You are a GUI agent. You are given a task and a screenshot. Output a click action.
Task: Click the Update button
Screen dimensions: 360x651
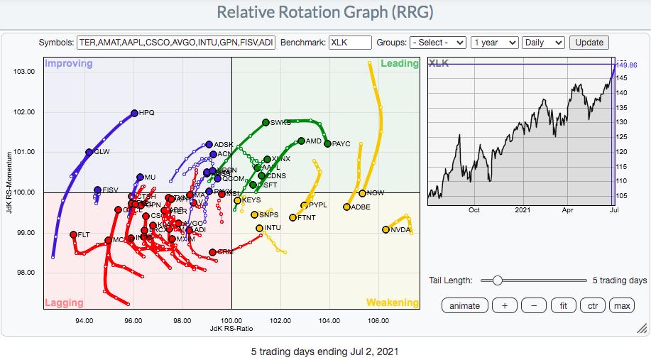pos(589,42)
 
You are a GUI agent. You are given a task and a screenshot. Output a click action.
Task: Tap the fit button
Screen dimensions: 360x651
pos(563,306)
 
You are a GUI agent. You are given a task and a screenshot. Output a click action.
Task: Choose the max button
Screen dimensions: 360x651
pos(622,306)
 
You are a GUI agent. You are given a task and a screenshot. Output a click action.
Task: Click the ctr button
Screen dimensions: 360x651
pos(592,306)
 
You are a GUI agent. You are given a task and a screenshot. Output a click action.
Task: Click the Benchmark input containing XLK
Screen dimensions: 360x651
pos(349,42)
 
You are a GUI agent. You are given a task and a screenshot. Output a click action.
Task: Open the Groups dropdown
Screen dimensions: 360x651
pos(438,42)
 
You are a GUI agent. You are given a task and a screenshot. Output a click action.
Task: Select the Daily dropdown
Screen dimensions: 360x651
pos(543,42)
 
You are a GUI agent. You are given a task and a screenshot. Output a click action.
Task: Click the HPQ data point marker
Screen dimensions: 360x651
pos(134,113)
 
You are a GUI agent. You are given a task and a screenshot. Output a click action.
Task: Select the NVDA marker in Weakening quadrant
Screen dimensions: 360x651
pos(385,229)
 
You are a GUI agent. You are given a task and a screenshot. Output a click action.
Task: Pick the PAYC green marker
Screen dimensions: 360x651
pos(327,143)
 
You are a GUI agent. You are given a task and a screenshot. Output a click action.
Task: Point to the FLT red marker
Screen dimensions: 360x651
pos(73,234)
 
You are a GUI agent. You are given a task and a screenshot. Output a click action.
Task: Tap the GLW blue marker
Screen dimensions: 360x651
pos(89,152)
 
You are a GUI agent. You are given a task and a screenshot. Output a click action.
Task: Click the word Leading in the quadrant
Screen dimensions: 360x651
pos(400,64)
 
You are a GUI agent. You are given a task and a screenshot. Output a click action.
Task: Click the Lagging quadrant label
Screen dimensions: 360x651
pos(64,302)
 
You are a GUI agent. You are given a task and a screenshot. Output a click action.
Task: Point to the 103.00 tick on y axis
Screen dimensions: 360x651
pos(24,72)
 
